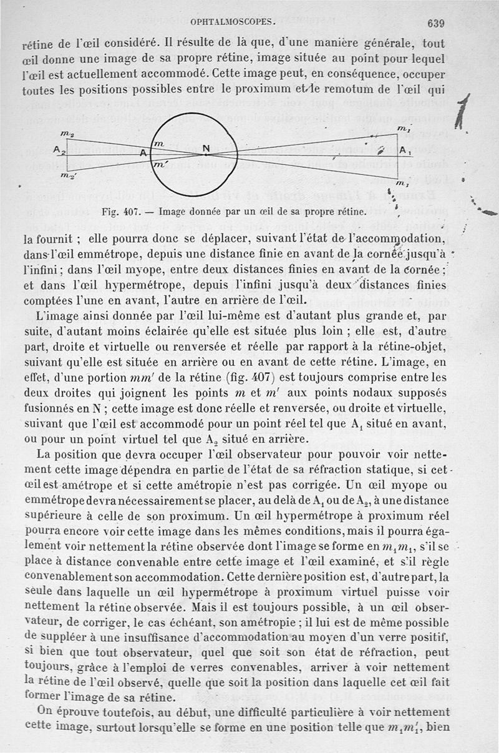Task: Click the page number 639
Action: coord(435,23)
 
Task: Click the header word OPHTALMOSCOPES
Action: coord(233,22)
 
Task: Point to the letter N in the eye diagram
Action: coord(206,149)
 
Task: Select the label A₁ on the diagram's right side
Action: coord(405,151)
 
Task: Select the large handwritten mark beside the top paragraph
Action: coord(462,112)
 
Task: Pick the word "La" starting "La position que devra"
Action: coord(44,453)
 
